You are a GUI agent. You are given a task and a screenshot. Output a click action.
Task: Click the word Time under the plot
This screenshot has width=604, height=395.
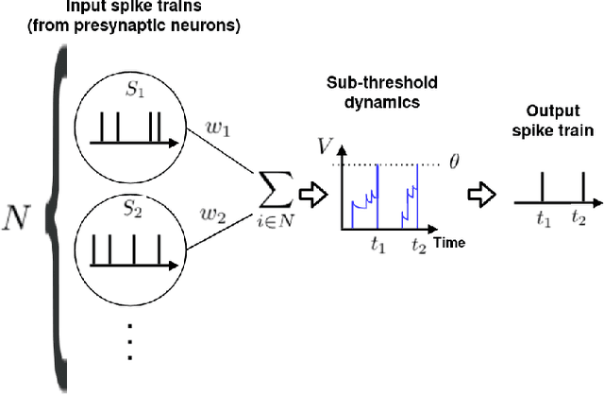(x=450, y=244)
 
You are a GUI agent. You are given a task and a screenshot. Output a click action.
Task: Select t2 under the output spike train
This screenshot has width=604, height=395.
(x=580, y=217)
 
